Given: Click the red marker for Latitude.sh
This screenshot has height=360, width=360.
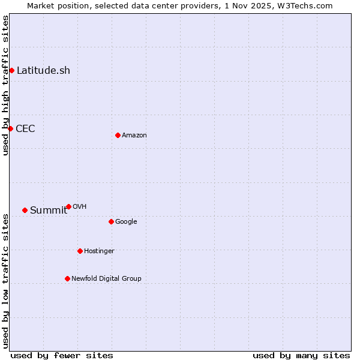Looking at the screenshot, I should [x=11, y=71].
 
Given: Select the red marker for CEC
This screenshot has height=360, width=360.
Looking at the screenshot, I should [x=10, y=128].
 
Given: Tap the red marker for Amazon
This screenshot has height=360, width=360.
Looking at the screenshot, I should [x=118, y=135].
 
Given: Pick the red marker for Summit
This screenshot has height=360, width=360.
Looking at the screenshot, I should [x=25, y=210].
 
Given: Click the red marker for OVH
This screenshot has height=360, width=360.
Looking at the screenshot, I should [x=68, y=206].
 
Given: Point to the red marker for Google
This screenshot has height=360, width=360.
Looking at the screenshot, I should [x=111, y=221].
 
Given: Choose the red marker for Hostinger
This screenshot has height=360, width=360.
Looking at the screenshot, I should [x=80, y=251].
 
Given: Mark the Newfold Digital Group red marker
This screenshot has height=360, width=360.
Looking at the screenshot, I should [x=67, y=278].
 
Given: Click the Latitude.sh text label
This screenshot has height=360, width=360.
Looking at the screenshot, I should [x=43, y=71].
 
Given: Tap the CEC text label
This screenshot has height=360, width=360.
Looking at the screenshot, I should [x=25, y=128].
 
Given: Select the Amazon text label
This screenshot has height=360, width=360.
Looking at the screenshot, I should [x=134, y=136].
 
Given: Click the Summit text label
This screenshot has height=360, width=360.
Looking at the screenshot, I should [x=48, y=210].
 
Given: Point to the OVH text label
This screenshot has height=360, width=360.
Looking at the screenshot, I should [x=80, y=207].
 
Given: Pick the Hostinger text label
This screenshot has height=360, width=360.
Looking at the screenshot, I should [x=99, y=251].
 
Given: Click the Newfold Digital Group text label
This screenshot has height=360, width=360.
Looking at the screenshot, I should [x=106, y=278].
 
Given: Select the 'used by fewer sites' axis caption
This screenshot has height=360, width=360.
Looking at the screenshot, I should [x=62, y=355].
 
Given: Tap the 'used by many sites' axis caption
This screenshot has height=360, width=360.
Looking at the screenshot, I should [x=301, y=355].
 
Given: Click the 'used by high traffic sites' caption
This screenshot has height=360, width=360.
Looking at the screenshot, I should [x=5, y=85].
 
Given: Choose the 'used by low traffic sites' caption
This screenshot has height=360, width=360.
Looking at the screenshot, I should [x=5, y=281].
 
